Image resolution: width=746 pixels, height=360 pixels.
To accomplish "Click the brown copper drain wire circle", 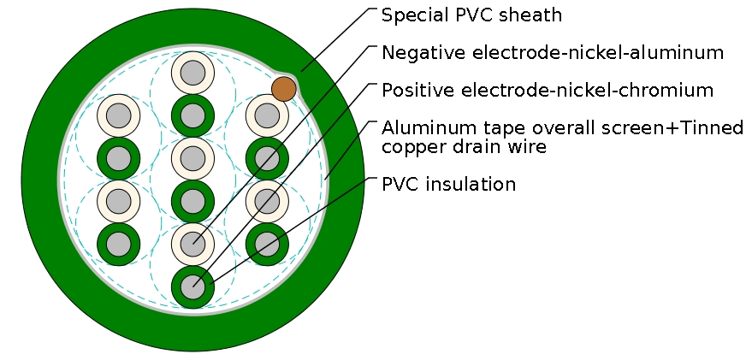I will [284, 88].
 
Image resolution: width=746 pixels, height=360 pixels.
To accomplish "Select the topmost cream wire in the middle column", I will [192, 72].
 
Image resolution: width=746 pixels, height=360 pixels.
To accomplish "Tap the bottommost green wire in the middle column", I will [192, 287].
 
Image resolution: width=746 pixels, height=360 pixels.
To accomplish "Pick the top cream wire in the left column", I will [118, 115].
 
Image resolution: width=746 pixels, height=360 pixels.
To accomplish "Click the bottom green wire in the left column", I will [118, 245].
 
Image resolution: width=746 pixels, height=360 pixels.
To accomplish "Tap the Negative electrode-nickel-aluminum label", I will [553, 53].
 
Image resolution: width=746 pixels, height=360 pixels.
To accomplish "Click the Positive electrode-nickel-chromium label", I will [548, 90].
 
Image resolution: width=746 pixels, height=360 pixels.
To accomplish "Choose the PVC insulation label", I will [448, 185].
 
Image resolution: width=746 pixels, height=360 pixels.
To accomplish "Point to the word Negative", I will [417, 53].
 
